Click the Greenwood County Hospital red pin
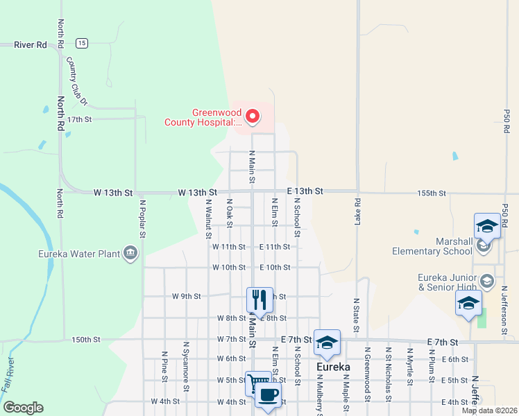pyautogui.click(x=253, y=116)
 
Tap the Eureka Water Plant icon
pyautogui.click(x=130, y=252)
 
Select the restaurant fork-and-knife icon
pyautogui.click(x=259, y=300)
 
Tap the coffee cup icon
pyautogui.click(x=268, y=395)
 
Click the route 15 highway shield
pyautogui.click(x=82, y=43)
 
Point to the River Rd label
pyautogui.click(x=31, y=44)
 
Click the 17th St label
pyautogui.click(x=80, y=119)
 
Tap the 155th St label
pyautogui.click(x=432, y=192)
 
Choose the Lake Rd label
pyautogui.click(x=357, y=212)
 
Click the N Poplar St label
pyautogui.click(x=142, y=218)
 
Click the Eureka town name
pyautogui.click(x=332, y=367)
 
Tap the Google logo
pyautogui.click(x=23, y=408)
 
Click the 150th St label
pyautogui.click(x=86, y=340)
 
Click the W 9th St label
pyautogui.click(x=187, y=296)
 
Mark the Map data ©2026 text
pyautogui.click(x=488, y=410)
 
